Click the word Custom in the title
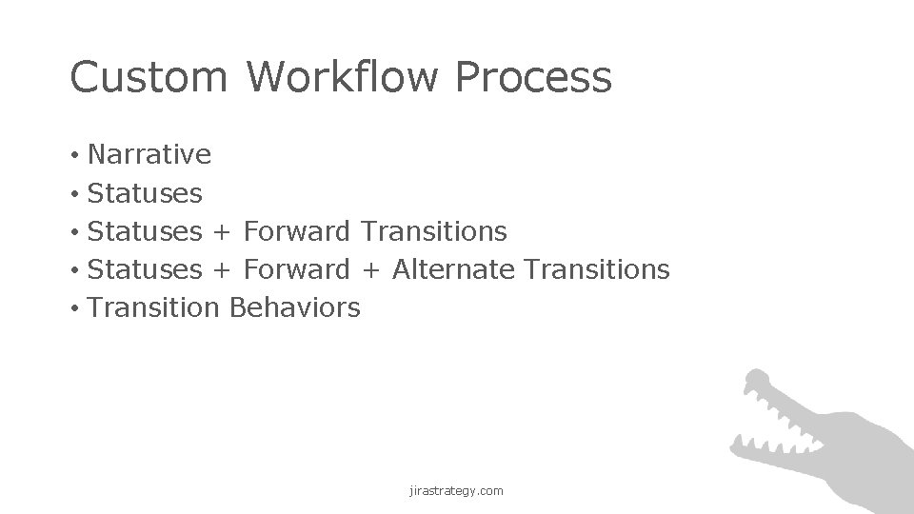148,77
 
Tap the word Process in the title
534,77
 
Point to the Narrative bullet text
149,154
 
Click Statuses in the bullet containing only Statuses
144,193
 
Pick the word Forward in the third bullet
296,231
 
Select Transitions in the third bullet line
434,231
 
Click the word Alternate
454,269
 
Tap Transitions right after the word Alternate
597,269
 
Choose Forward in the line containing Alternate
296,269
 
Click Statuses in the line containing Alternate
144,269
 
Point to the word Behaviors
295,307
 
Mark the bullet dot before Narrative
73,155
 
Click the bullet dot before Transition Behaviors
73,308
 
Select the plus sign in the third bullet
222,232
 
